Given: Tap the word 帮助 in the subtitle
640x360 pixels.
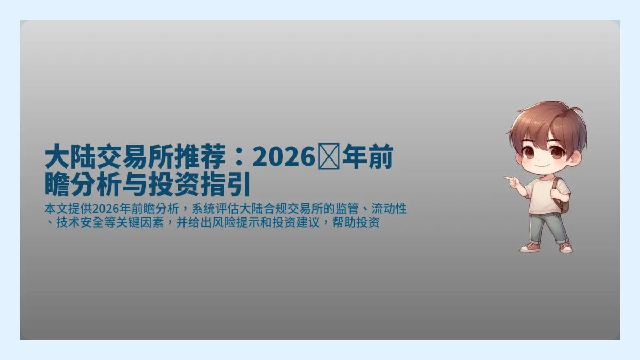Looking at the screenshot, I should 347,223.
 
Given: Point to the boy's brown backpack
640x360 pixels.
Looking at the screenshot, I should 561,195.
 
